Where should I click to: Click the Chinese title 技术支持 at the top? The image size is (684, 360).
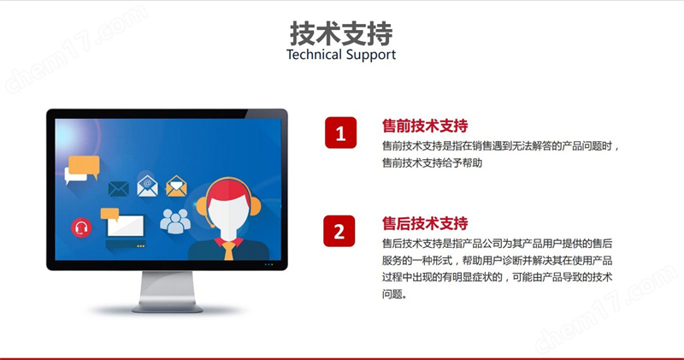[x=341, y=33]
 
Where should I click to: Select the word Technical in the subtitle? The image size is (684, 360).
[x=314, y=55]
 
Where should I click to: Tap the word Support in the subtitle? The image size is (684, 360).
[x=371, y=56]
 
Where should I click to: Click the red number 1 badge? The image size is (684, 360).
[x=340, y=133]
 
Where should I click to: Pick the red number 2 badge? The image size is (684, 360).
[x=339, y=231]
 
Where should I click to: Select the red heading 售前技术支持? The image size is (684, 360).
[x=425, y=126]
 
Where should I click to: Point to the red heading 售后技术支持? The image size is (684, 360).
[x=425, y=223]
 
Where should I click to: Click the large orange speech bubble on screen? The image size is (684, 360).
[x=84, y=166]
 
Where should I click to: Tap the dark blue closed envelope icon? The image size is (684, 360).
[x=118, y=188]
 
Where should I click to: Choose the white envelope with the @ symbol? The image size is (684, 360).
[x=147, y=186]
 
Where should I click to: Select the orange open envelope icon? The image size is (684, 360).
[x=176, y=186]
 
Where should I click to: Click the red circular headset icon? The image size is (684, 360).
[x=81, y=227]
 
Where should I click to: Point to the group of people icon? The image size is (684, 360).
[x=175, y=221]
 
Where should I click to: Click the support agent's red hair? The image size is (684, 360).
[x=228, y=192]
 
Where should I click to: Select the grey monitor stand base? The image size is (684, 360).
[x=168, y=308]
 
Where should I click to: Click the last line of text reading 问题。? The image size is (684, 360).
[x=395, y=294]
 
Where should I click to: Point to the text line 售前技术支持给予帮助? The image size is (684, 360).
[x=432, y=162]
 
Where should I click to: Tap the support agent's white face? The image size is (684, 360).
[x=228, y=218]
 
